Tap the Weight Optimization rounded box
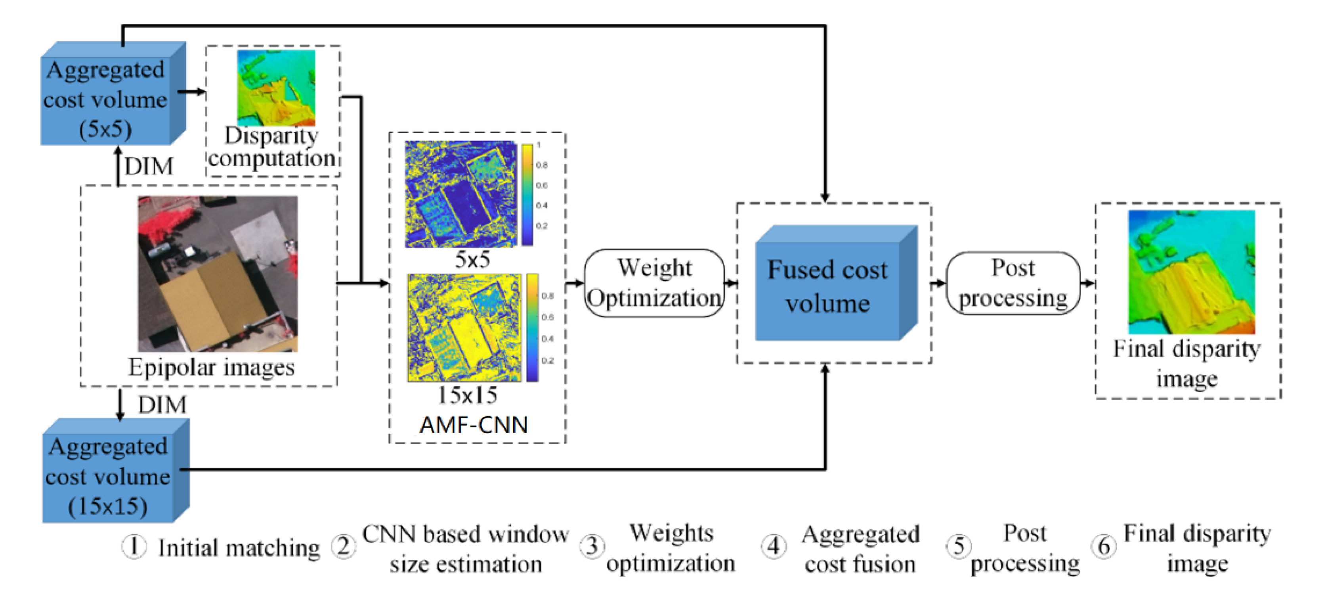coord(654,283)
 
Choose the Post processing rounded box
coord(1013,283)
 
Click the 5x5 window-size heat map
coord(460,194)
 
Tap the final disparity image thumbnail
coord(1191,272)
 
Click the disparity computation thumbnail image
coord(276,88)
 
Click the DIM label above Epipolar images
coord(149,167)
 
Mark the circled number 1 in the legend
coord(134,546)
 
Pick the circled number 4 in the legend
coord(774,546)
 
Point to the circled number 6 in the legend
coord(1104,546)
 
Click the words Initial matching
coord(239,548)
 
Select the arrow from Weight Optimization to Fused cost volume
coord(730,283)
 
